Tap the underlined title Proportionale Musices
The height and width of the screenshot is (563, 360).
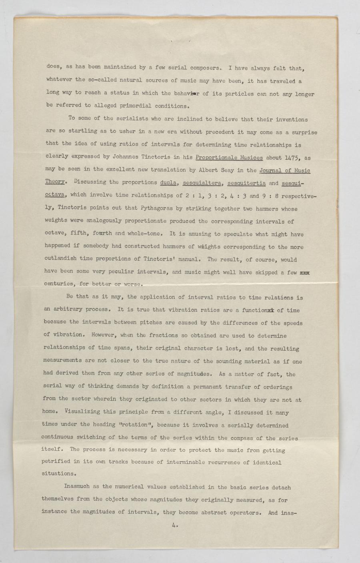[229, 157]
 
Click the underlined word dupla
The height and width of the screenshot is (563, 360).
[169, 182]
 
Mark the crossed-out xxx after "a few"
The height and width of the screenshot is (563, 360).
[305, 272]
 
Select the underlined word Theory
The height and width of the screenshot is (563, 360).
[54, 182]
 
